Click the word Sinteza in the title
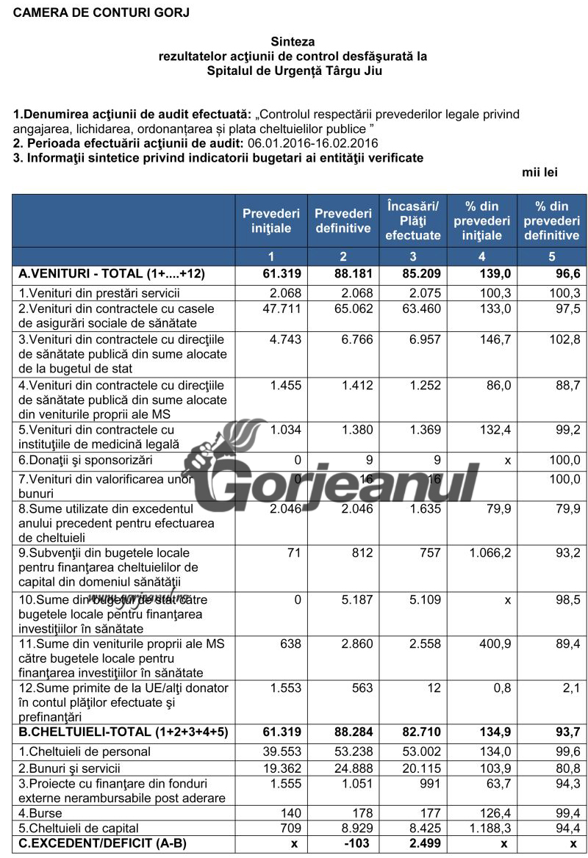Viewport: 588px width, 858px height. [x=293, y=42]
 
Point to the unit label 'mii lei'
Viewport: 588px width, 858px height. [x=540, y=173]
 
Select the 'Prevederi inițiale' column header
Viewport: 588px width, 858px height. [x=271, y=220]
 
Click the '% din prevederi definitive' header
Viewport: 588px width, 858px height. [x=551, y=220]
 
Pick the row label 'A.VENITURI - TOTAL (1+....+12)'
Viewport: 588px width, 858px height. [x=112, y=274]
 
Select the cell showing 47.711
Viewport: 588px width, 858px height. [x=282, y=309]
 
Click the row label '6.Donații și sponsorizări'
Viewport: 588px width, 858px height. [x=85, y=461]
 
